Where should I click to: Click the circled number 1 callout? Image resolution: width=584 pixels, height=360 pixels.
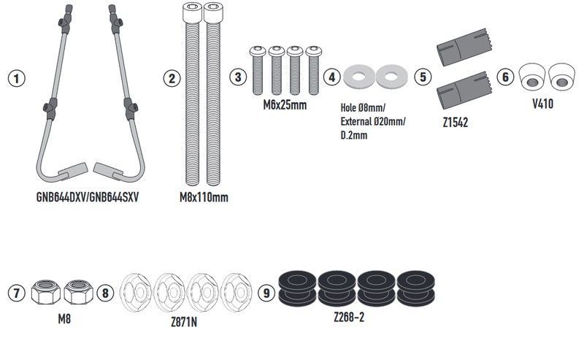click(16, 79)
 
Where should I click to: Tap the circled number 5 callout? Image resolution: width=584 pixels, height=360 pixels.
click(423, 77)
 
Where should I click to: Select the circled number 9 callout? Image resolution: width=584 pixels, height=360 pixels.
click(266, 293)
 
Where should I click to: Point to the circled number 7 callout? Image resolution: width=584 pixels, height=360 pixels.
click(16, 293)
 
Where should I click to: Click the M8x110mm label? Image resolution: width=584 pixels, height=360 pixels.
click(204, 197)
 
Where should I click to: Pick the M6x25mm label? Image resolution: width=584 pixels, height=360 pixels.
click(285, 104)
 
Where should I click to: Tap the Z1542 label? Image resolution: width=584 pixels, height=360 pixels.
click(455, 123)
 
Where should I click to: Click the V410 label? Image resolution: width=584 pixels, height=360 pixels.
click(542, 104)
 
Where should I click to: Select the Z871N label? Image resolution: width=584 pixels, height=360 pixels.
click(184, 322)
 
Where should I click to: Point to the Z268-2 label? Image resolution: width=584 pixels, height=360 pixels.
click(349, 317)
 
